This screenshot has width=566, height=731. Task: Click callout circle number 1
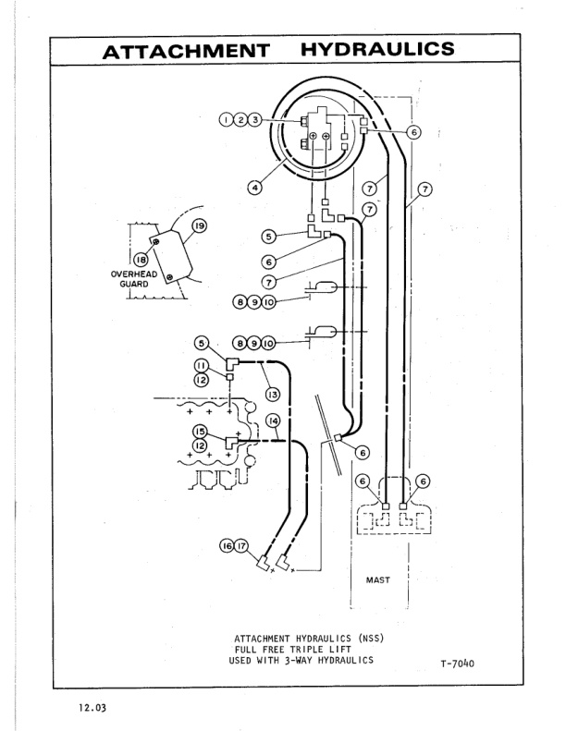point(225,119)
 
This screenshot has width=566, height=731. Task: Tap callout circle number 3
point(254,119)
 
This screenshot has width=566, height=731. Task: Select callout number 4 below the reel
point(254,187)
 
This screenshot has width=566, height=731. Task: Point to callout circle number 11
point(201,365)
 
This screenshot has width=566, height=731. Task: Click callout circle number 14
point(273,421)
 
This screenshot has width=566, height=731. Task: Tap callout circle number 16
point(226,546)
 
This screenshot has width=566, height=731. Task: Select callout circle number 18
point(142,262)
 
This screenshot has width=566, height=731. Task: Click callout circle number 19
point(197,225)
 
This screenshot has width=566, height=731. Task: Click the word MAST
point(379,580)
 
